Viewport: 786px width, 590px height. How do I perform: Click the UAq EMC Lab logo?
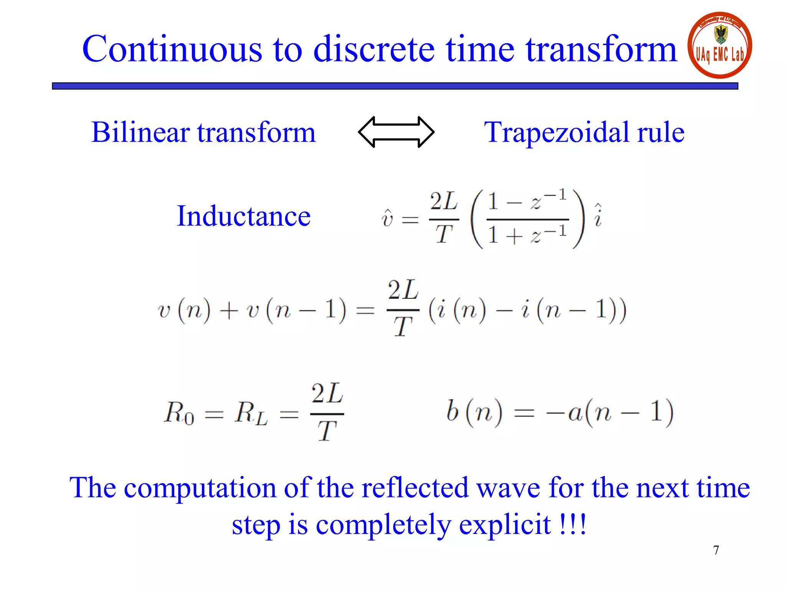point(720,45)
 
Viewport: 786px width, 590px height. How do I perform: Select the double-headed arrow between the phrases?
point(396,132)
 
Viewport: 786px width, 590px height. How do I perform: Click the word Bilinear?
point(140,132)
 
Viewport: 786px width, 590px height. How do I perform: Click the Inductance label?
point(243,216)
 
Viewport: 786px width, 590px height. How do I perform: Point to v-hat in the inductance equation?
point(387,218)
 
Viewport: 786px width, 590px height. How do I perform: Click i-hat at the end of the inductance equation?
point(598,216)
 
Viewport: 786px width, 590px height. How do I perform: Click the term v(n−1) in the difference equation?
point(296,310)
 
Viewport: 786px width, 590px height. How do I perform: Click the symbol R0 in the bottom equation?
point(179,413)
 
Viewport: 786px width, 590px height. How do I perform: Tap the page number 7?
point(716,550)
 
